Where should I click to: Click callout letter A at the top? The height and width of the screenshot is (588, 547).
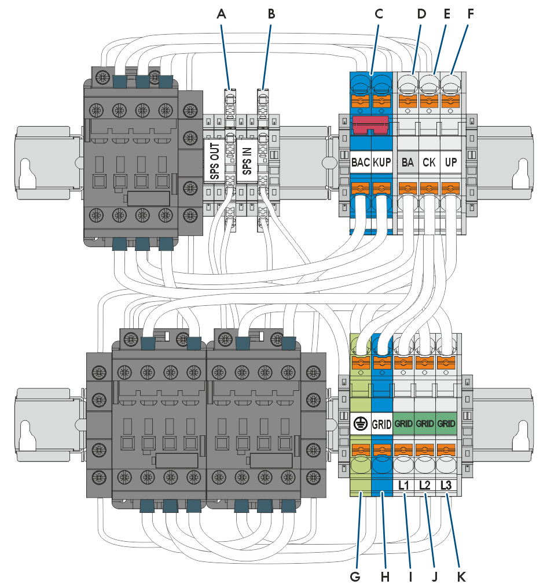click(x=221, y=14)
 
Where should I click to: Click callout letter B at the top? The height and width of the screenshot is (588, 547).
click(x=271, y=14)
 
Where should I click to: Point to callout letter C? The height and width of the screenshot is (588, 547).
click(x=379, y=14)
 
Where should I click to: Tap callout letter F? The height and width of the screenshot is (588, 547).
click(x=471, y=14)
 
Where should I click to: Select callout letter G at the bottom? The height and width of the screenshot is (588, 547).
click(x=355, y=576)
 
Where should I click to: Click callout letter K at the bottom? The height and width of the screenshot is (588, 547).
click(x=461, y=576)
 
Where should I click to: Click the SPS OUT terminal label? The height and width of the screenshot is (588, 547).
click(x=214, y=161)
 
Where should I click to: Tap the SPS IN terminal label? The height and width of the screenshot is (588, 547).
click(x=247, y=161)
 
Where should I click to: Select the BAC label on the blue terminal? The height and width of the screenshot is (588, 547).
click(x=361, y=162)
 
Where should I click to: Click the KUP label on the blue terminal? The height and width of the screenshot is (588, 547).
click(x=382, y=162)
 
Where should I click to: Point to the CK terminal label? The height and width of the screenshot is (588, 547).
click(x=429, y=162)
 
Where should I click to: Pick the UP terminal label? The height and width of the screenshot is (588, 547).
click(x=450, y=162)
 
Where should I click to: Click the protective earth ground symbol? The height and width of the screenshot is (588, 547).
click(x=360, y=424)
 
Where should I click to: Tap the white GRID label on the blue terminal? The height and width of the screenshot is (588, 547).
click(x=381, y=424)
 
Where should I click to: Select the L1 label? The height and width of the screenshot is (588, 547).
click(x=403, y=485)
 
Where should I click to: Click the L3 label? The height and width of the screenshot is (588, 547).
click(x=446, y=485)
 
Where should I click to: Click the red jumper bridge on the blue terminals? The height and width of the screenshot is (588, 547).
click(x=370, y=125)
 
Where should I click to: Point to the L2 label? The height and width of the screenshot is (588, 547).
click(x=425, y=485)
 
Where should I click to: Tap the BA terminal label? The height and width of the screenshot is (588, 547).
click(x=408, y=162)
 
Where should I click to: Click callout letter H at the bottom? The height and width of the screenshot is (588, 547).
click(x=385, y=576)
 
